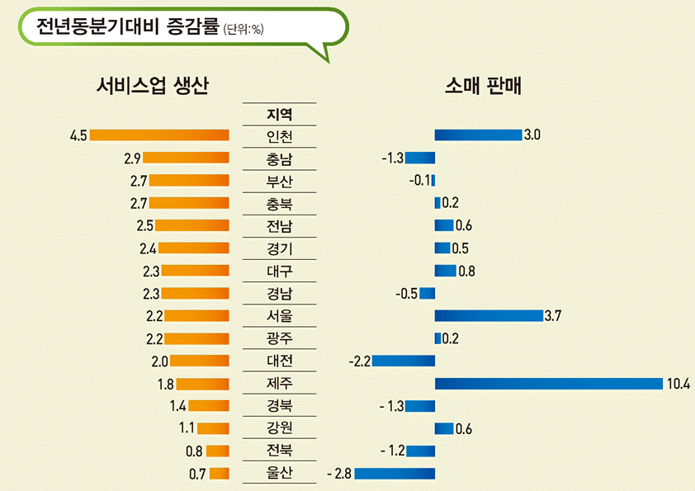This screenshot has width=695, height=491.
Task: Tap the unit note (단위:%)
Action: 243,30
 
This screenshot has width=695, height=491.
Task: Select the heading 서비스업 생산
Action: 153,85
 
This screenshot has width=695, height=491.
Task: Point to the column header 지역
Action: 280,114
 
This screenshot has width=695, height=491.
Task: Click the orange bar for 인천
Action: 159,135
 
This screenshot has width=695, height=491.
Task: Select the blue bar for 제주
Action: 549,384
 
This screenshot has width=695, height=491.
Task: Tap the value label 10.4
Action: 679,384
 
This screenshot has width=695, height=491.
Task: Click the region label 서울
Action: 280,316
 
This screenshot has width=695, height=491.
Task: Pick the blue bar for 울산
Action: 395,474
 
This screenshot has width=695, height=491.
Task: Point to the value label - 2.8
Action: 339,474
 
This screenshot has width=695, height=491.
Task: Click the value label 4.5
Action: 78,135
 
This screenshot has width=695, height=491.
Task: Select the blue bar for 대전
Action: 404,361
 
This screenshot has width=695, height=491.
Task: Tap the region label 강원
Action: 280,428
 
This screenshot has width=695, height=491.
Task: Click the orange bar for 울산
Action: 219,474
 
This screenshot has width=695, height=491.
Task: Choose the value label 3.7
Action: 553,316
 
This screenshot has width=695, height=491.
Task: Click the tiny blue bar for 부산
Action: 433,181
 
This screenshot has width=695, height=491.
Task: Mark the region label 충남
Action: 280,158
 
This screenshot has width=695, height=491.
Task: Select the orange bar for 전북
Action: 217,451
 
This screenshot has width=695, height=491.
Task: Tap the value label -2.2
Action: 360,361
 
